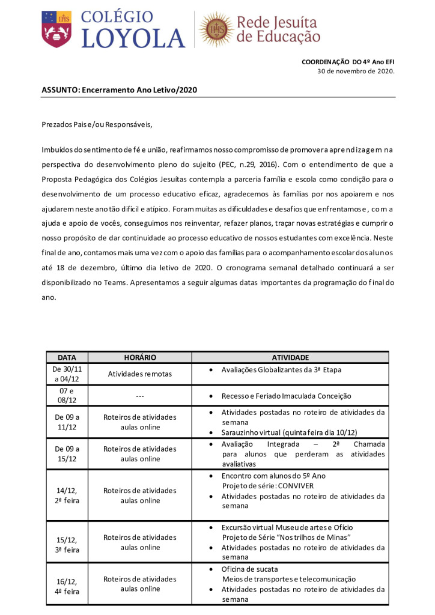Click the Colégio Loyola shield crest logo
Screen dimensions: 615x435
point(56,29)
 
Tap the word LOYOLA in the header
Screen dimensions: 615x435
point(133,37)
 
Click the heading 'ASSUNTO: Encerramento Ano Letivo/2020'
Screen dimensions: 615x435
point(120,89)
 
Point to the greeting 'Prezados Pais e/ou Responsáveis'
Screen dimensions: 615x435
point(97,125)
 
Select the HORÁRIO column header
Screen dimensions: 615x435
point(139,357)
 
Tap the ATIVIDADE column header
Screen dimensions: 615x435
point(290,357)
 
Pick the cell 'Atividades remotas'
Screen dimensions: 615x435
point(139,374)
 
